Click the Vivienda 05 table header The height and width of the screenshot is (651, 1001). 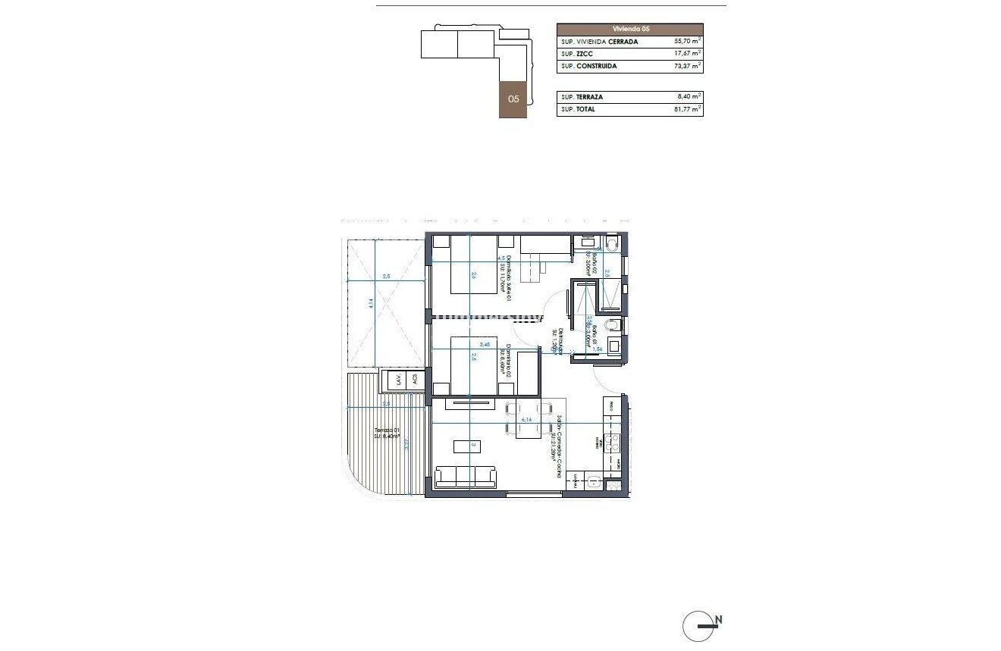tap(630, 29)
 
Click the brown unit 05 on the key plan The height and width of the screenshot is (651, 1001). tap(513, 99)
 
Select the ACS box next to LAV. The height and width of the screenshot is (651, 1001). tap(414, 380)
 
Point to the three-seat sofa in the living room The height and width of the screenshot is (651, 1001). tap(465, 477)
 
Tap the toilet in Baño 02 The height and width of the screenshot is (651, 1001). tap(612, 243)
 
